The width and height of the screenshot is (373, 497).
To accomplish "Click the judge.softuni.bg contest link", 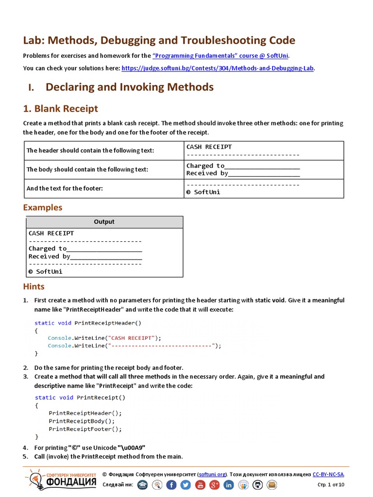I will pyautogui.click(x=218, y=68).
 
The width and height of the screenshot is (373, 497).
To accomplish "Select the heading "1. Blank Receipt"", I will pyautogui.click(x=61, y=109).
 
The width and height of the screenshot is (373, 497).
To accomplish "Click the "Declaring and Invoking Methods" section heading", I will pyautogui.click(x=129, y=87).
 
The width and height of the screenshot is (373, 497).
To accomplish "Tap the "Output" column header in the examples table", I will pyautogui.click(x=104, y=222).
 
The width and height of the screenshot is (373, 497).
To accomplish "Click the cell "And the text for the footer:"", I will pyautogui.click(x=65, y=188).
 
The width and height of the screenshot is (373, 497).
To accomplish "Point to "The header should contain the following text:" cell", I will pyautogui.click(x=90, y=150).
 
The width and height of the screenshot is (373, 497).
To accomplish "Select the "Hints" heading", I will pyautogui.click(x=34, y=286).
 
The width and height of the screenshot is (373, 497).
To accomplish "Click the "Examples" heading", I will pyautogui.click(x=43, y=207).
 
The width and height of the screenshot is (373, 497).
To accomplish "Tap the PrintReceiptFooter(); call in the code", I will pyautogui.click(x=85, y=429).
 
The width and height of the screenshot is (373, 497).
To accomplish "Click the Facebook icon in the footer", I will pyautogui.click(x=171, y=485).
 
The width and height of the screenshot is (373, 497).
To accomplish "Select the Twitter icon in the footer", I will pyautogui.click(x=186, y=485).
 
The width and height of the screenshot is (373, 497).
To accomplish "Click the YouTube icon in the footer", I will pyautogui.click(x=200, y=485).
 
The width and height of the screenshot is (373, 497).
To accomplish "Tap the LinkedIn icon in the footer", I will pyautogui.click(x=229, y=485).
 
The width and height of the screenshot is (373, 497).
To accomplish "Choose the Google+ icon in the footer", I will pyautogui.click(x=214, y=485).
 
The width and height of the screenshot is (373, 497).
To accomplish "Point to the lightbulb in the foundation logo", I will pyautogui.click(x=34, y=479).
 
